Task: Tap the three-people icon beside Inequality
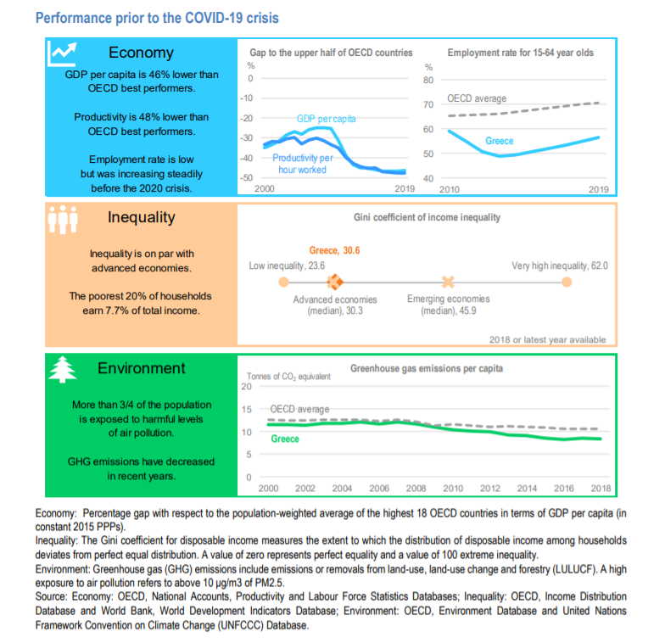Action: tap(63, 218)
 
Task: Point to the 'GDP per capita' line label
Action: tap(327, 119)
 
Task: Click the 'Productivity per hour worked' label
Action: tap(303, 164)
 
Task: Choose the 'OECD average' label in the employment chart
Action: tap(477, 99)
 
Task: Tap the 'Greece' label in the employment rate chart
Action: tap(500, 141)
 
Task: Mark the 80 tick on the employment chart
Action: tap(428, 80)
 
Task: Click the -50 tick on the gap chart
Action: tap(248, 177)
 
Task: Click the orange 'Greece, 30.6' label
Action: tap(334, 250)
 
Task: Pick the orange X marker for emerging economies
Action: tap(448, 281)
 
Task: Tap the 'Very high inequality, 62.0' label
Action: tap(560, 266)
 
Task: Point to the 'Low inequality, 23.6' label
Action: tap(288, 266)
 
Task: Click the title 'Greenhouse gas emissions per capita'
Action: tap(427, 369)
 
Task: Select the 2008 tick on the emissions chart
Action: tap(416, 489)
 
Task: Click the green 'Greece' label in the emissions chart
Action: tap(285, 439)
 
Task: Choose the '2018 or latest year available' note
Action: tap(548, 339)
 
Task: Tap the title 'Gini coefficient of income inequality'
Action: tap(427, 217)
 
